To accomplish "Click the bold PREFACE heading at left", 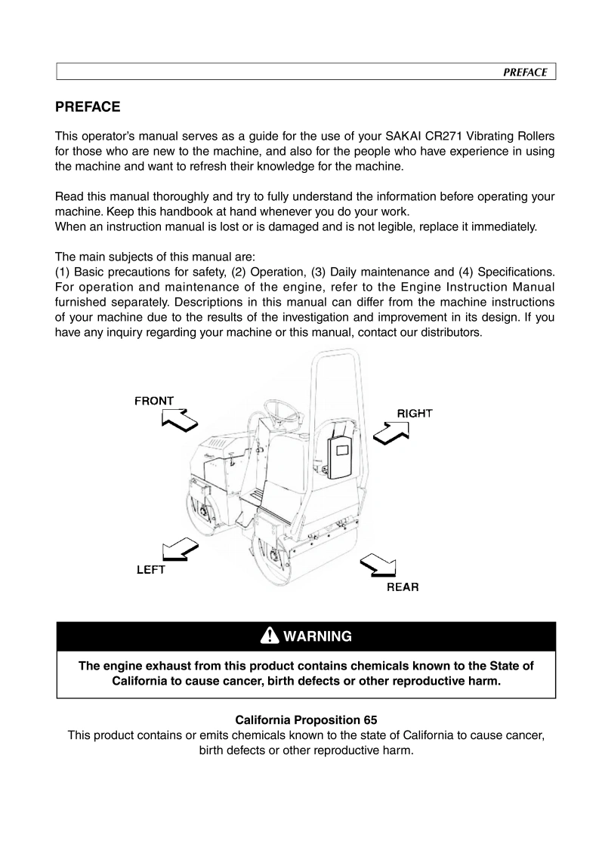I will coord(88,107).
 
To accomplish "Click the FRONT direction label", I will coord(154,401).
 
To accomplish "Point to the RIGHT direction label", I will coord(415,413).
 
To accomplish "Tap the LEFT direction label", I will coord(150,570).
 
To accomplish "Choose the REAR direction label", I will coord(403,587).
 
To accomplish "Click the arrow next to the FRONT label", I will coord(179,420).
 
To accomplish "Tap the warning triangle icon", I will coord(270,636).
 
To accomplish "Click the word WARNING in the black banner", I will coord(317,636).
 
